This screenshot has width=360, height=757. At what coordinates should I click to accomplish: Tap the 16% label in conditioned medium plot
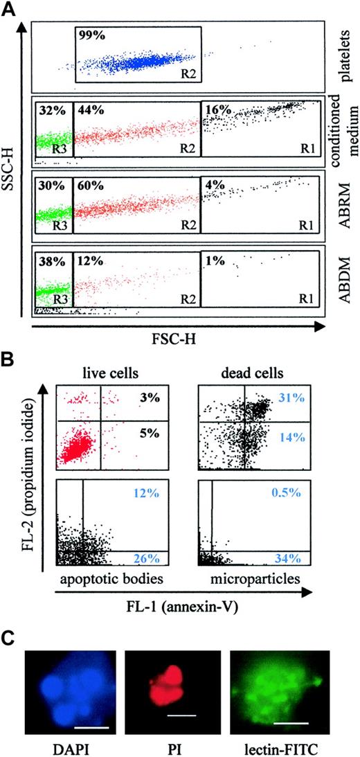coord(211,109)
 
